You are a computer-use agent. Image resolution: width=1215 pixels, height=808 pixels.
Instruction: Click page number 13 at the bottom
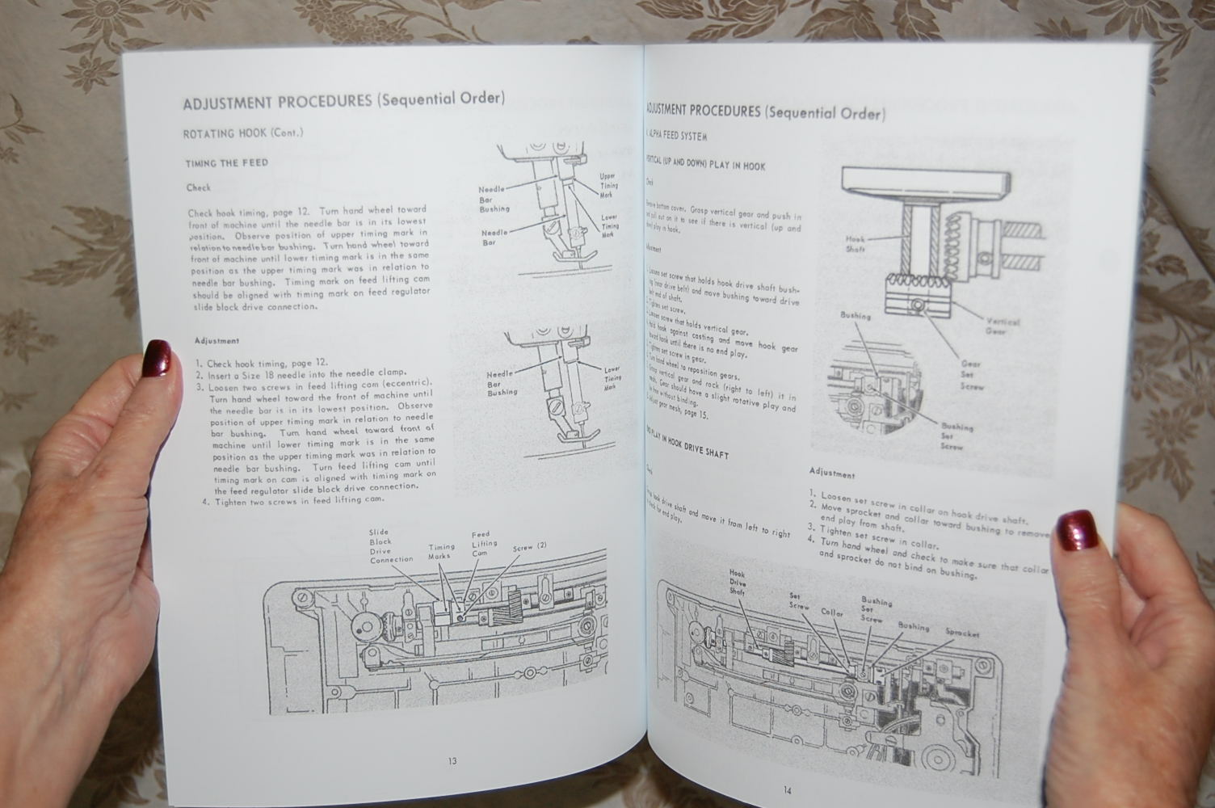[452, 761]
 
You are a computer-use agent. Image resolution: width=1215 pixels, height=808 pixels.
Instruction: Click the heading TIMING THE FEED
[226, 162]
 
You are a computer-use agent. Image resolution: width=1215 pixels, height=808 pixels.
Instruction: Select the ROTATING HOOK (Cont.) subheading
[242, 133]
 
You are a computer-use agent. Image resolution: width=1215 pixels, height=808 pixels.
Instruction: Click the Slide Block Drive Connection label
[391, 546]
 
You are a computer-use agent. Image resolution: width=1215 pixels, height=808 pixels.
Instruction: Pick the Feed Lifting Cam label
[484, 543]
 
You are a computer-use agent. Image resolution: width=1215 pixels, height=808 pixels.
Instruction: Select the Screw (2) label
[530, 547]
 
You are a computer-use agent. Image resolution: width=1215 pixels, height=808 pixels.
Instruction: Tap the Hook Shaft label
[856, 244]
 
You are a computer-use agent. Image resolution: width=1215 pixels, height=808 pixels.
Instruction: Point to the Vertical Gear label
[1002, 326]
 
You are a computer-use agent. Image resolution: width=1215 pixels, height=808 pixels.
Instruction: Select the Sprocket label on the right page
[961, 633]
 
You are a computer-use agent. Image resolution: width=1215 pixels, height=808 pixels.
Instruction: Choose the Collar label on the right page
[832, 612]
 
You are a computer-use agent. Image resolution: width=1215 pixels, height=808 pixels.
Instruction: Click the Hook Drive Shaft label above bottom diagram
[738, 582]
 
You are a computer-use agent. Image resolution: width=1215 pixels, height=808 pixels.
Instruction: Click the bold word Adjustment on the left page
[217, 341]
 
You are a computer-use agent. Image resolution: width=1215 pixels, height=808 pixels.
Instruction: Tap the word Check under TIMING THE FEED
[198, 187]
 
